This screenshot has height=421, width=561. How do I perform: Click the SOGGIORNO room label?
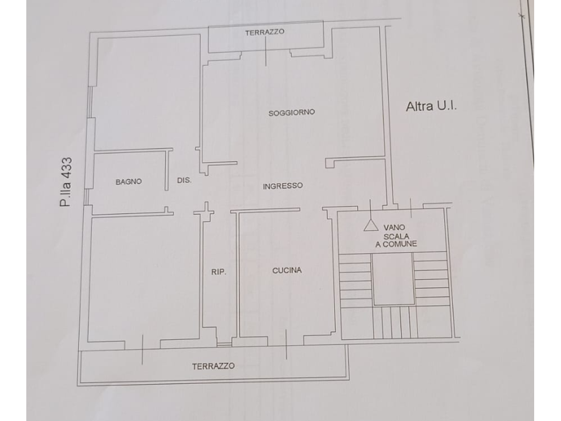click(291, 112)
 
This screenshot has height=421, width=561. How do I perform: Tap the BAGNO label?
click(129, 182)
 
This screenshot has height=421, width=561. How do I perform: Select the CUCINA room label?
click(287, 270)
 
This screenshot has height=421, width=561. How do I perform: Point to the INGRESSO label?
click(283, 186)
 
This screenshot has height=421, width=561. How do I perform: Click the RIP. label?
click(219, 272)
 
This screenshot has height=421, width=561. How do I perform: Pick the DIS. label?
click(184, 180)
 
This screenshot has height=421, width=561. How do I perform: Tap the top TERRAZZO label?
click(265, 32)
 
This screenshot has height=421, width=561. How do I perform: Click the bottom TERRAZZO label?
click(213, 366)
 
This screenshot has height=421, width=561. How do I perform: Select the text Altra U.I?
click(431, 106)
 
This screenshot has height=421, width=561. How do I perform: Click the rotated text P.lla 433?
click(66, 182)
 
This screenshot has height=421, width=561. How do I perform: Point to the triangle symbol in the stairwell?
click(371, 225)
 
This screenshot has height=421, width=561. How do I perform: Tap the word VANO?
click(394, 227)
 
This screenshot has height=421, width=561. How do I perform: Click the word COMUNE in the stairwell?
click(399, 244)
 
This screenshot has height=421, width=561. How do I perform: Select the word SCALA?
click(396, 236)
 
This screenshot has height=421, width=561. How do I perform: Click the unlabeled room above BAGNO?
click(147, 92)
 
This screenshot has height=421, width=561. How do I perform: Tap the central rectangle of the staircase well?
click(393, 279)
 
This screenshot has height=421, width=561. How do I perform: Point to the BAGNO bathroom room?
click(130, 183)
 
